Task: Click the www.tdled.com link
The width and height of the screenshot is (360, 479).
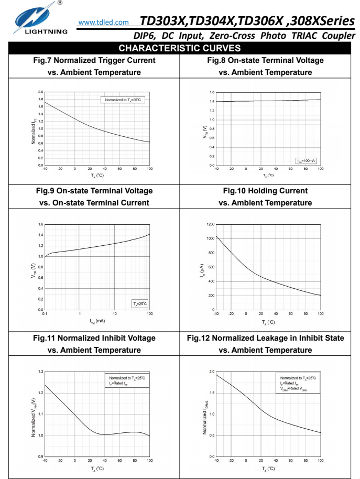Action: pyautogui.click(x=103, y=23)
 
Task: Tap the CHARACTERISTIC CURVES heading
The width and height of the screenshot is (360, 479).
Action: pyautogui.click(x=180, y=48)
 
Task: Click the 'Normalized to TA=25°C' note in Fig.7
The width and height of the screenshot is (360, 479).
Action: pyautogui.click(x=122, y=99)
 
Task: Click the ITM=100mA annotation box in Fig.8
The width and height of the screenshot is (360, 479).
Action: pyautogui.click(x=305, y=160)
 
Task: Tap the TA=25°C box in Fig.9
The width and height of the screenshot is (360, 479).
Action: pyautogui.click(x=140, y=303)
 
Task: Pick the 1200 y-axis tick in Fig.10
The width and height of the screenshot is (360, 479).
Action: pyautogui.click(x=210, y=224)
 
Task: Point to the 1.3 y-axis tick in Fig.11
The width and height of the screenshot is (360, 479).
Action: pyautogui.click(x=41, y=372)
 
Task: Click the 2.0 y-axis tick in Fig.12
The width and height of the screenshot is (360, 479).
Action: pyautogui.click(x=211, y=372)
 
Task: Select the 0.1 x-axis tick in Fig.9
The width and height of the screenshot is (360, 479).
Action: pyautogui.click(x=45, y=314)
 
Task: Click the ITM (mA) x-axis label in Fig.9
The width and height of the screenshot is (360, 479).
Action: pyautogui.click(x=97, y=321)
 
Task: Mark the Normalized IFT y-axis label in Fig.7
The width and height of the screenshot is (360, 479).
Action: pyautogui.click(x=33, y=130)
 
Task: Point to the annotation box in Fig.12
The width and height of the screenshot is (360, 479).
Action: pyautogui.click(x=298, y=383)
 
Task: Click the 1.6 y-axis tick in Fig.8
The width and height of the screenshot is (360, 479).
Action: pyautogui.click(x=212, y=92)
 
